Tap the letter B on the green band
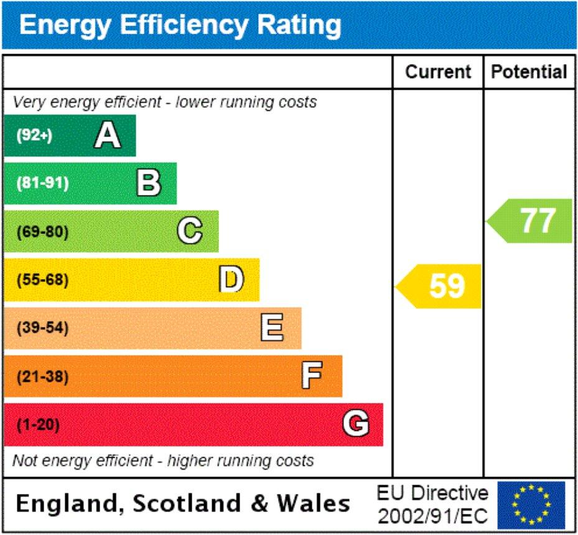point(149,183)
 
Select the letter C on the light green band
point(190,232)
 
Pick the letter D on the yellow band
point(231,280)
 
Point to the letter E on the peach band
point(272,328)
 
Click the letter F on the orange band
point(312,376)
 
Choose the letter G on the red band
point(355,424)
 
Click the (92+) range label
point(34,136)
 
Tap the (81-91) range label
point(42,184)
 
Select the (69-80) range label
point(42,232)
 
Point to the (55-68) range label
point(42,280)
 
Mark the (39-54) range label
point(42,328)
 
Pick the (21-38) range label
point(42,377)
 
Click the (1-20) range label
point(37,425)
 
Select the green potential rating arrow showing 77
point(532,220)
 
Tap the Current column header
point(438,72)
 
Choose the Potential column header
point(529,72)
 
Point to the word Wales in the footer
point(314,503)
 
